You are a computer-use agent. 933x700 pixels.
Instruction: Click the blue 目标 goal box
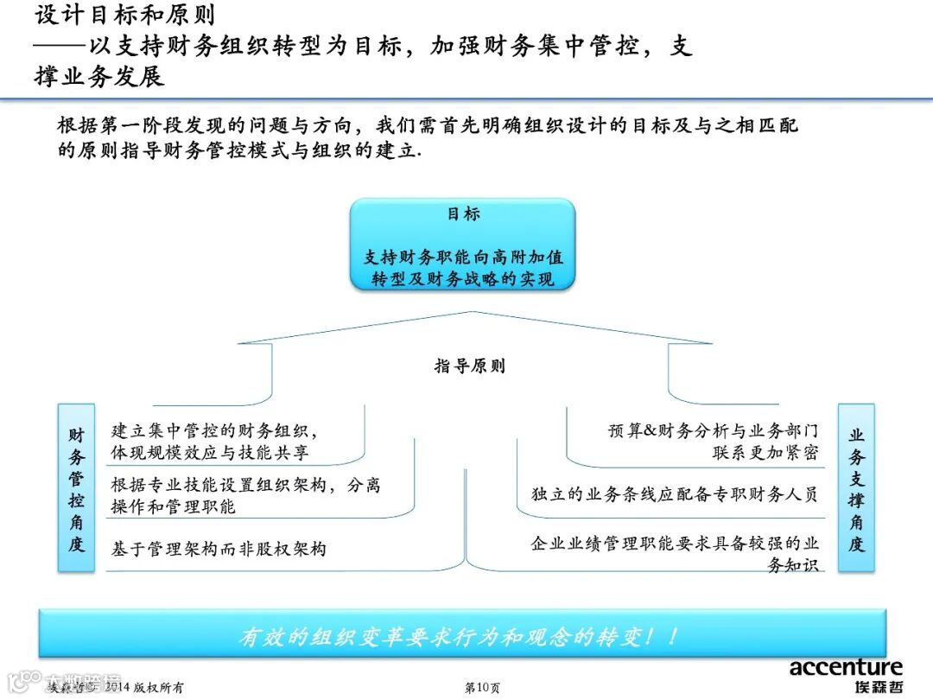(x=462, y=245)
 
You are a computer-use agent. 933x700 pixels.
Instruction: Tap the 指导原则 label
(x=469, y=366)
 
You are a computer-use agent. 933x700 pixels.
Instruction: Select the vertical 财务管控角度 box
(x=77, y=487)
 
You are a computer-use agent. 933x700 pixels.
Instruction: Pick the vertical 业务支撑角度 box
(x=856, y=487)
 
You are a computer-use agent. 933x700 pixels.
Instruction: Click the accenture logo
(x=846, y=667)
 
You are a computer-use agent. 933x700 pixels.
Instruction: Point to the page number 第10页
(x=482, y=688)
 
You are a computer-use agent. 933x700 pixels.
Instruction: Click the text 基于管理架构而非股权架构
(x=219, y=549)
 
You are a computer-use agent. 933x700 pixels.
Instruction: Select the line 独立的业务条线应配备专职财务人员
(x=674, y=495)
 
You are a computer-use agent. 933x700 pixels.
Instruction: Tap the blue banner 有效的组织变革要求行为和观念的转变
(x=462, y=637)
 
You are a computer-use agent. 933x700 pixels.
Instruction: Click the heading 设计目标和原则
(x=125, y=15)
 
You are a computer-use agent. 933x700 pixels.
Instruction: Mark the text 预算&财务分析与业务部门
(x=713, y=430)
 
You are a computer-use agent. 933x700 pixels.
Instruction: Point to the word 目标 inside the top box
(x=463, y=214)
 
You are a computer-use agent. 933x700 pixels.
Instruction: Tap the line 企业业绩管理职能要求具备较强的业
(x=675, y=544)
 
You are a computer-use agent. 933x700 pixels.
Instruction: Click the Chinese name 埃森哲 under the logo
(x=873, y=688)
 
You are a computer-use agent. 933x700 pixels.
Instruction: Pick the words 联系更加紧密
(x=765, y=452)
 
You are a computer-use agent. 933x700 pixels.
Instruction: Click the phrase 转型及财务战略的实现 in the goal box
(x=463, y=279)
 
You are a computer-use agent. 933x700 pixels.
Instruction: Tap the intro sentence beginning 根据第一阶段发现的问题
(x=428, y=126)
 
